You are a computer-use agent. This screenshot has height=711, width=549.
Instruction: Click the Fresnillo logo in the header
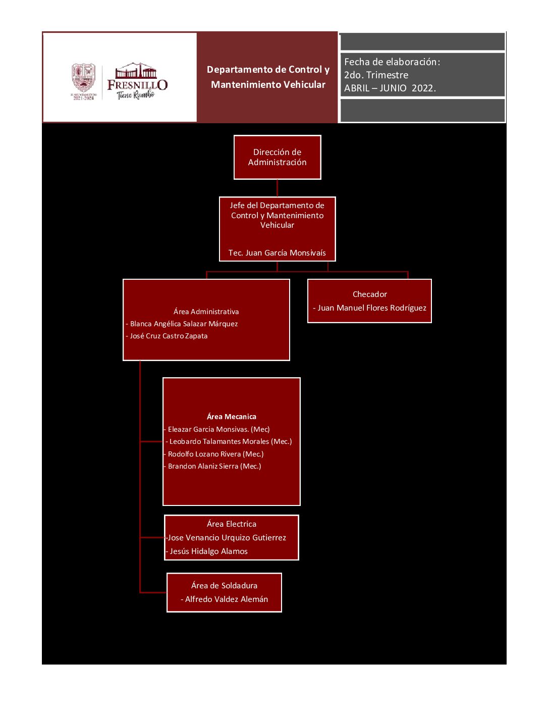point(137,82)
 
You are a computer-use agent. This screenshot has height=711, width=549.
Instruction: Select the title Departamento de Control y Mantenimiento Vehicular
point(268,77)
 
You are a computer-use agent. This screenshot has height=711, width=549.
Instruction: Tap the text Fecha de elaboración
point(392,62)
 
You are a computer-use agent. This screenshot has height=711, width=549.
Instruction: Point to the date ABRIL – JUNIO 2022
point(390,88)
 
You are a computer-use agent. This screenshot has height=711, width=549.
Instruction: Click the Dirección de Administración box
point(277,157)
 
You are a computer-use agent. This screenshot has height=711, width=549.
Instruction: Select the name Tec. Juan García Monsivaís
point(277,252)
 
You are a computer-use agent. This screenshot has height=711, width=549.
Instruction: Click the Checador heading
point(369,294)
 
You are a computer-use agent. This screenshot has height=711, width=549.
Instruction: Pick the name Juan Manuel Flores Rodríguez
point(371,308)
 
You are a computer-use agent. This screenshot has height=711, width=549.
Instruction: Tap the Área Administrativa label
point(206,312)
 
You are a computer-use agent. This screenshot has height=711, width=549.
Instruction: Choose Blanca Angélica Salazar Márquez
point(184,324)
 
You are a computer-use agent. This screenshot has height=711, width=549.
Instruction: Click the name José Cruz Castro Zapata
point(169,336)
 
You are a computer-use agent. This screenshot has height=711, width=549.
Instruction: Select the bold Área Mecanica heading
point(231,417)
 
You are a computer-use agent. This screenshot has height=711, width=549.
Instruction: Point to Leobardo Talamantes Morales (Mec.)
point(230,441)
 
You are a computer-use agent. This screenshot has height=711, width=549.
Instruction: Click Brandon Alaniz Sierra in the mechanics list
point(214,466)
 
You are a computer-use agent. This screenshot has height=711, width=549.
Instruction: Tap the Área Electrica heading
point(231,524)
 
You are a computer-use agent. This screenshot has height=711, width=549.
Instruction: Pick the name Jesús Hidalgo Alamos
point(208,551)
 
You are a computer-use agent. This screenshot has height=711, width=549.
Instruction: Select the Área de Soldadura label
point(224,586)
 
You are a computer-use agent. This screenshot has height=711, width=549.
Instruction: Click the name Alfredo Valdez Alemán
point(226,599)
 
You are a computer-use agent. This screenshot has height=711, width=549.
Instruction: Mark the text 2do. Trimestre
point(376,75)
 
